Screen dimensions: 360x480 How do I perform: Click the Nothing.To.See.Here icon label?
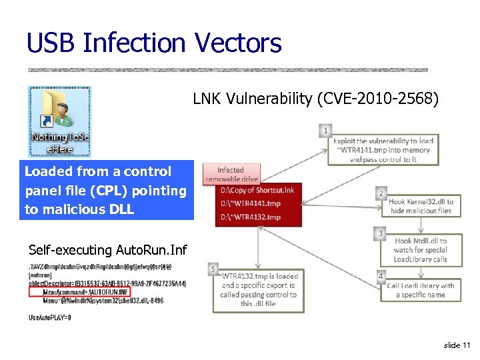(59, 143)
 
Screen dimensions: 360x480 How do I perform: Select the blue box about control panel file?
(107, 191)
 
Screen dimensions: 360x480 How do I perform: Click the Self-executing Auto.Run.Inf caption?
(108, 250)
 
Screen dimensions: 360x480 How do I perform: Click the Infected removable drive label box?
(231, 174)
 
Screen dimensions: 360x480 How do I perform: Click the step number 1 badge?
(325, 131)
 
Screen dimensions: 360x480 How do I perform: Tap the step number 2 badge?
(381, 193)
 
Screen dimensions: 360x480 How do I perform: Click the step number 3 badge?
(380, 233)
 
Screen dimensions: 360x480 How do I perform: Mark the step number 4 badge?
(381, 275)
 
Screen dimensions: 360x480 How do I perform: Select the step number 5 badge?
(213, 269)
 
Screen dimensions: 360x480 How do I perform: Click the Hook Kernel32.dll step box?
(420, 206)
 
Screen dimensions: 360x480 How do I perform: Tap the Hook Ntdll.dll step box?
(420, 249)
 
